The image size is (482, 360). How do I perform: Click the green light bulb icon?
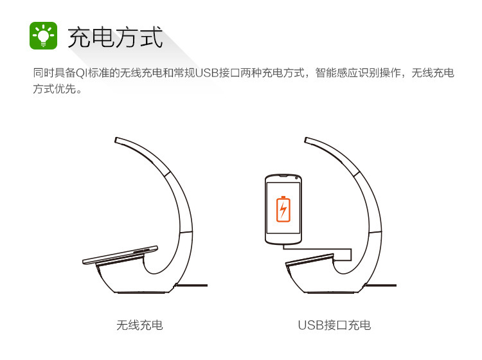click(43, 35)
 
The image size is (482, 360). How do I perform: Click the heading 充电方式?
click(115, 37)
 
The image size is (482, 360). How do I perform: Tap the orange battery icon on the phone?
click(283, 209)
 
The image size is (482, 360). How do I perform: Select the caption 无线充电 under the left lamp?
click(139, 325)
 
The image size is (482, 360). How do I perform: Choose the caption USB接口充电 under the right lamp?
click(334, 325)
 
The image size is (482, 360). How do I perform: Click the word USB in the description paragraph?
click(207, 73)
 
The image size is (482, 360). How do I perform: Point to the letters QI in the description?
click(82, 73)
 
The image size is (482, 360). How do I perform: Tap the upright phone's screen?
click(283, 208)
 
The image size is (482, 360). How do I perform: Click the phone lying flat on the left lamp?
click(120, 255)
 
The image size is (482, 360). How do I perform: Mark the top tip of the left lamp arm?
click(116, 140)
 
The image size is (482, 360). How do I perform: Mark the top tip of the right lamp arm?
click(305, 140)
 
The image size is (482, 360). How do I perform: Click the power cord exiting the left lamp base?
click(192, 285)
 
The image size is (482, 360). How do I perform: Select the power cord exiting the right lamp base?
click(380, 285)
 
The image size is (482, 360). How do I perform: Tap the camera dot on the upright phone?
click(296, 177)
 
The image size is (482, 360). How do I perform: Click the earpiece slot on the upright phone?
click(283, 176)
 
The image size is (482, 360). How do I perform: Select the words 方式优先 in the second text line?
click(55, 89)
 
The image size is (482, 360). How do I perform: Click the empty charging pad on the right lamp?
click(310, 259)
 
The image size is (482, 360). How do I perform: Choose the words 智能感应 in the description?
click(337, 73)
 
